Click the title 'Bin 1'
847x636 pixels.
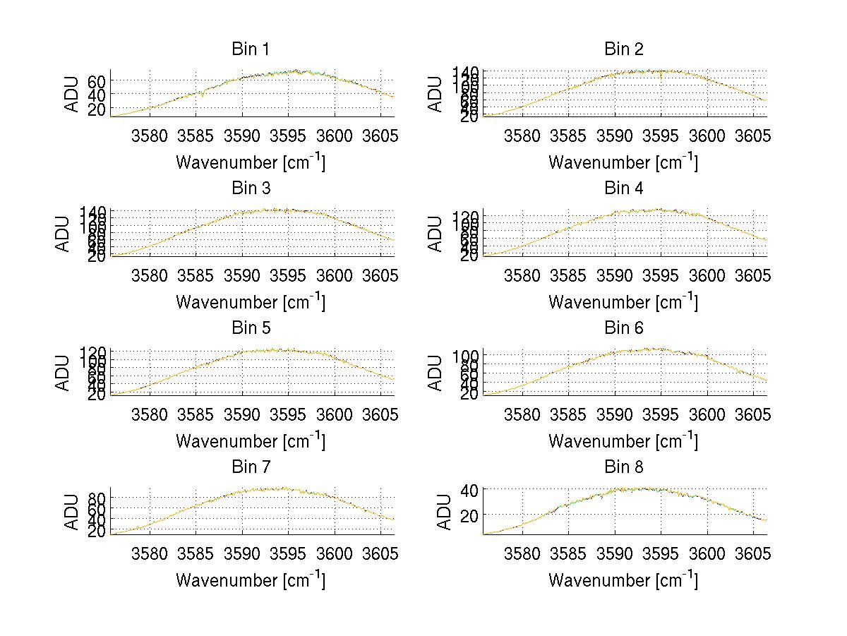pos(251,49)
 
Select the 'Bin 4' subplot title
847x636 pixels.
pos(623,188)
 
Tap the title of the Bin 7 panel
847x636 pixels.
pos(251,467)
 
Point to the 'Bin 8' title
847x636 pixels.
pos(623,467)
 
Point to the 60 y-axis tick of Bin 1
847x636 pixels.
pos(97,82)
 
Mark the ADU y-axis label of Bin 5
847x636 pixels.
pos(64,372)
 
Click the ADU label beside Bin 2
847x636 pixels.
pos(436,93)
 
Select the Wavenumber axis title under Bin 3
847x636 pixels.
pos(251,301)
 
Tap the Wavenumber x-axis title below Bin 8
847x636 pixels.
pos(623,580)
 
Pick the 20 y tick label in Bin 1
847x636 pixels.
pos(97,109)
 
